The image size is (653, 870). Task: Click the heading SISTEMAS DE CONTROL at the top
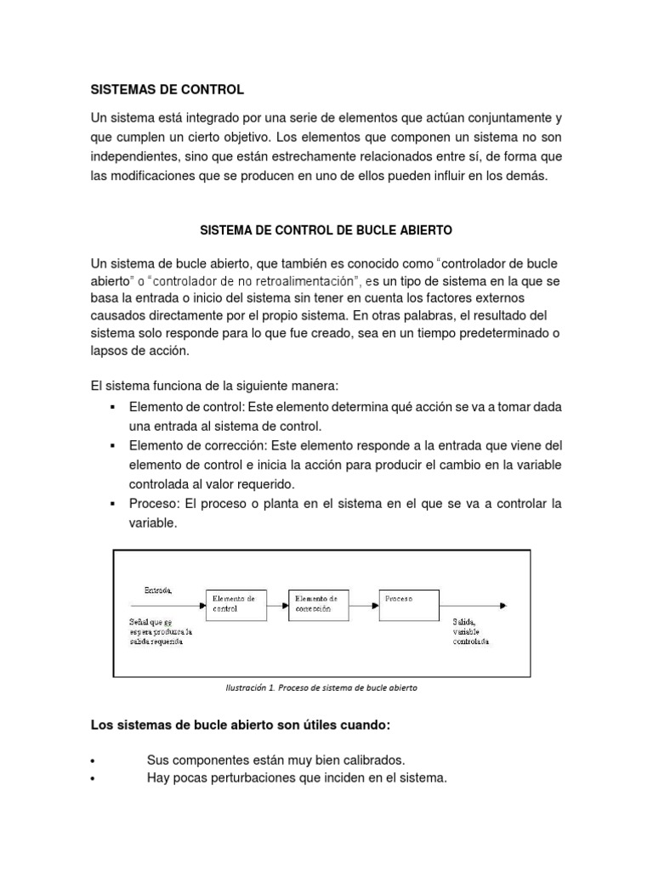167,89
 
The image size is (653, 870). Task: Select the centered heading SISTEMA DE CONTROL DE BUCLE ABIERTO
326,230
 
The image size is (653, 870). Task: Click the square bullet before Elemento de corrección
112,446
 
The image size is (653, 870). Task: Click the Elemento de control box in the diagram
236,604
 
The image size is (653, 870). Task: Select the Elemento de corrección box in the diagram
319,604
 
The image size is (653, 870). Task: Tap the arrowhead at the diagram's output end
505,605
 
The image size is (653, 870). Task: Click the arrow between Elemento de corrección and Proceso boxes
363,605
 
